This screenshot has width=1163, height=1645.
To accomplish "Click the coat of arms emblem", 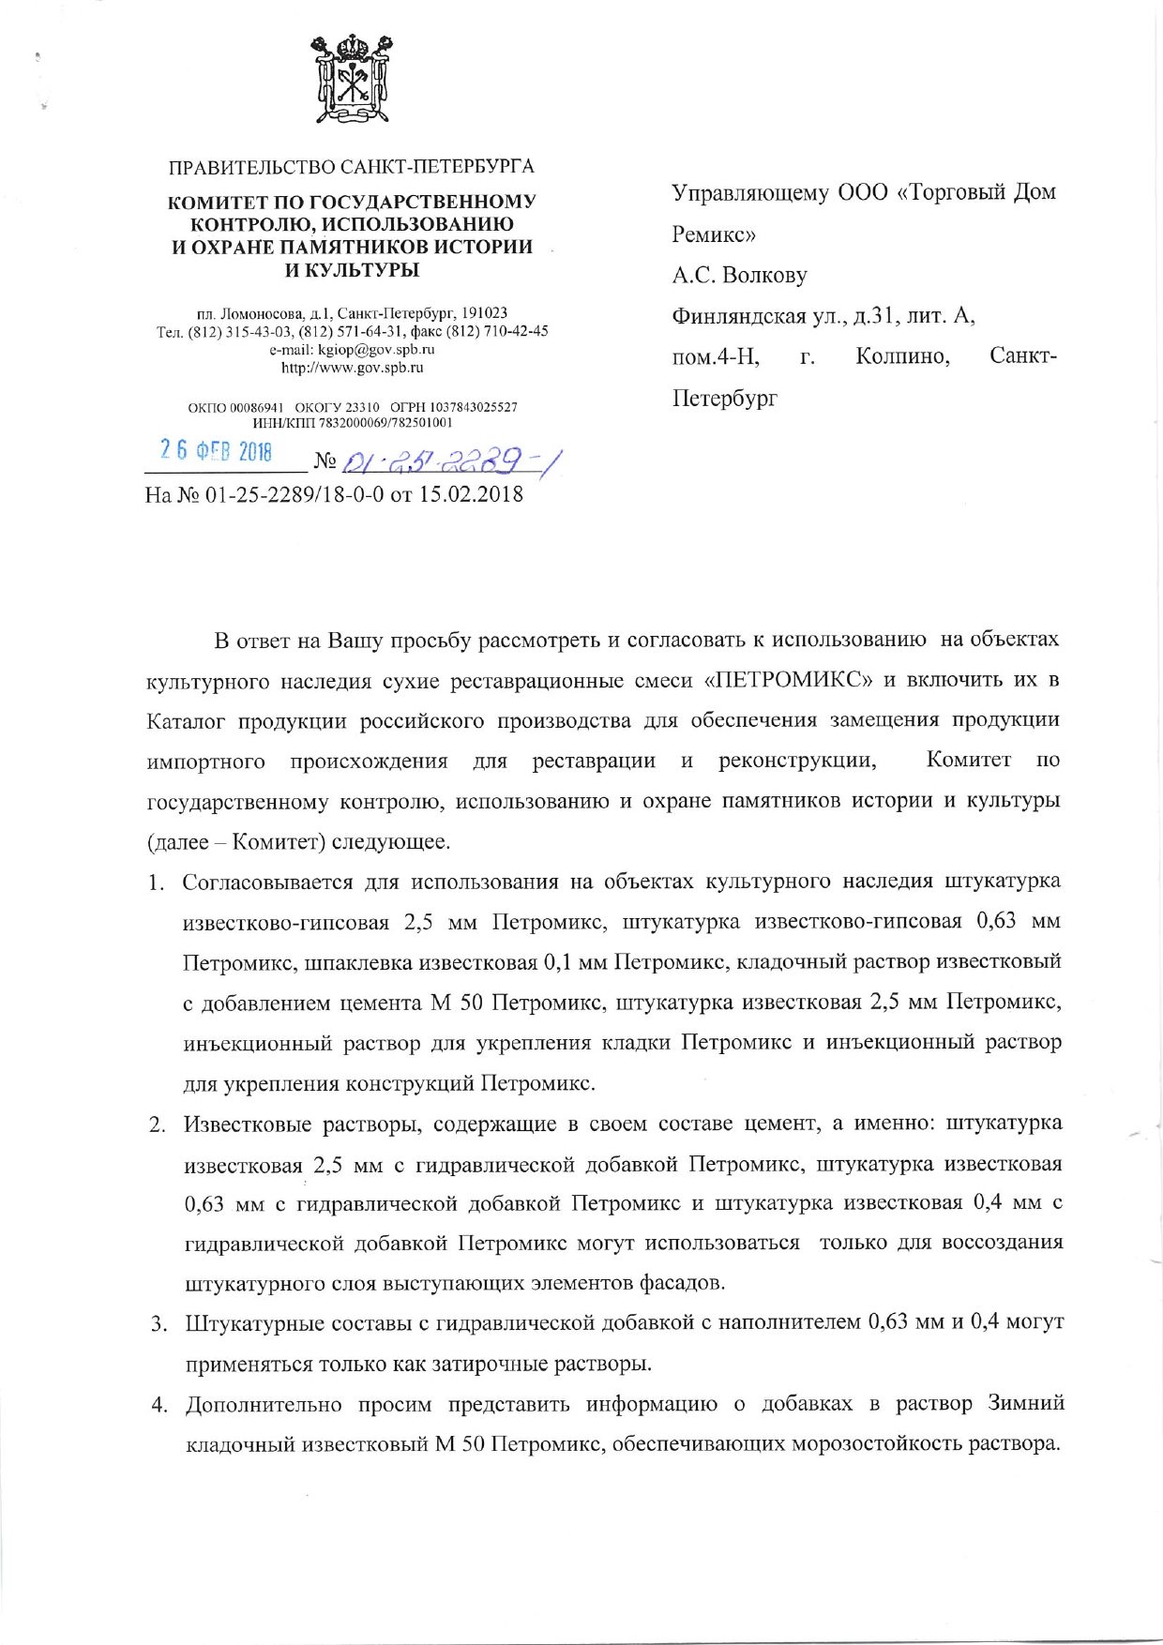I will (352, 81).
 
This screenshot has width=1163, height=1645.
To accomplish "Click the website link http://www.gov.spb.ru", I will (353, 368).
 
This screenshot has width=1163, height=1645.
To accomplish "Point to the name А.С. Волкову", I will (739, 276).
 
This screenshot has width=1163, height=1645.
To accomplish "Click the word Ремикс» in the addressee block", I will (714, 234).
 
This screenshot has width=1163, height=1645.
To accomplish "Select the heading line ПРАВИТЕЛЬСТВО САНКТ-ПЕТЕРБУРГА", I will (352, 168).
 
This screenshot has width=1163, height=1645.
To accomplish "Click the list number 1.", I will (156, 883).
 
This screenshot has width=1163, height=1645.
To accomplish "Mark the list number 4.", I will (159, 1405).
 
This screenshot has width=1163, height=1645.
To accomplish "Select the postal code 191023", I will (484, 312).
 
